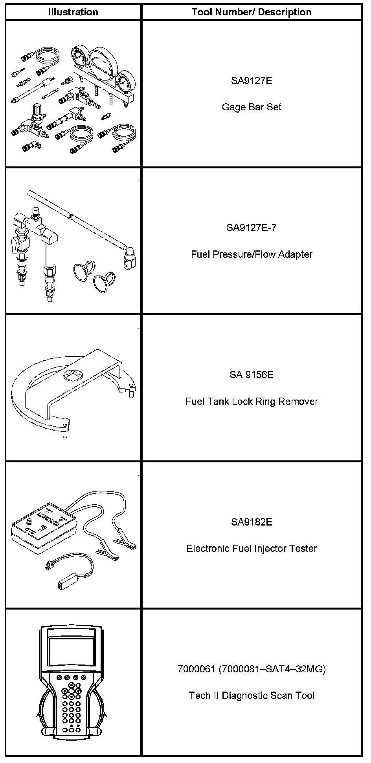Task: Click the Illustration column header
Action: (x=73, y=12)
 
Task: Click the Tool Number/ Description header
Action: (x=252, y=12)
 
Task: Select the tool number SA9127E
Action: (x=252, y=81)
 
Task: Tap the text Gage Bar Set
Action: (x=252, y=107)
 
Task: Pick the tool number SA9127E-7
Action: (x=252, y=228)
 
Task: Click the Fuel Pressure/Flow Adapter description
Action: (x=252, y=254)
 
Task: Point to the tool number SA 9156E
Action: (x=252, y=375)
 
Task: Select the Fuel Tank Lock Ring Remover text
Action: (x=252, y=402)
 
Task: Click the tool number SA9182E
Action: (x=252, y=522)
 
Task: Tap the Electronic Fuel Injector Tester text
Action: (x=252, y=549)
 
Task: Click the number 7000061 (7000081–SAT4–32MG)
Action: (x=252, y=669)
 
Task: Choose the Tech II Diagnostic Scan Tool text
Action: (x=252, y=696)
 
